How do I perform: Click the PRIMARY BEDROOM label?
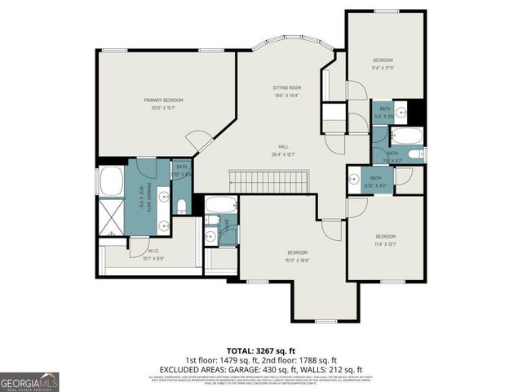pyautogui.click(x=163, y=100)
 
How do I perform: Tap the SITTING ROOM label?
pyautogui.click(x=287, y=87)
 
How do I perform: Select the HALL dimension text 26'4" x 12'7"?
pyautogui.click(x=284, y=154)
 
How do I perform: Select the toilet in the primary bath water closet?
pyautogui.click(x=182, y=205)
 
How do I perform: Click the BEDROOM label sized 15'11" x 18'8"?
pyautogui.click(x=297, y=252)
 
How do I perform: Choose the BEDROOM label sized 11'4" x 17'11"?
pyautogui.click(x=383, y=60)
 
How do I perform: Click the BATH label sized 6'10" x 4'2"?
pyautogui.click(x=376, y=178)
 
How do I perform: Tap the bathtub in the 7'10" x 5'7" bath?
pyautogui.click(x=405, y=136)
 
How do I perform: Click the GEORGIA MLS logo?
pyautogui.click(x=29, y=381)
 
